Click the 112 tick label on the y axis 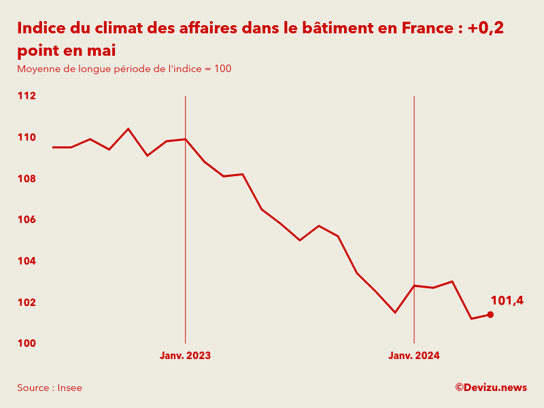point(27,96)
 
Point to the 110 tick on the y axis point(27,137)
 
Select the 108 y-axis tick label point(27,179)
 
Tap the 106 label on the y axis point(27,220)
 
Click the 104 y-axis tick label point(27,261)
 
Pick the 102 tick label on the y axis point(27,303)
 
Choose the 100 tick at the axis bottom point(27,343)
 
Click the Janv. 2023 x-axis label point(185,356)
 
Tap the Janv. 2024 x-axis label point(414,356)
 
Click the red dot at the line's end point(490,314)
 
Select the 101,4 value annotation point(507,301)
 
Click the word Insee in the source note point(69,388)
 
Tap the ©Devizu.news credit point(491,388)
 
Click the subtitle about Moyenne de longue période point(124,69)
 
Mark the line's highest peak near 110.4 point(129,129)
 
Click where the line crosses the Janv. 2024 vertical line point(414,286)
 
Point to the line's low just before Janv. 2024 point(395,312)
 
